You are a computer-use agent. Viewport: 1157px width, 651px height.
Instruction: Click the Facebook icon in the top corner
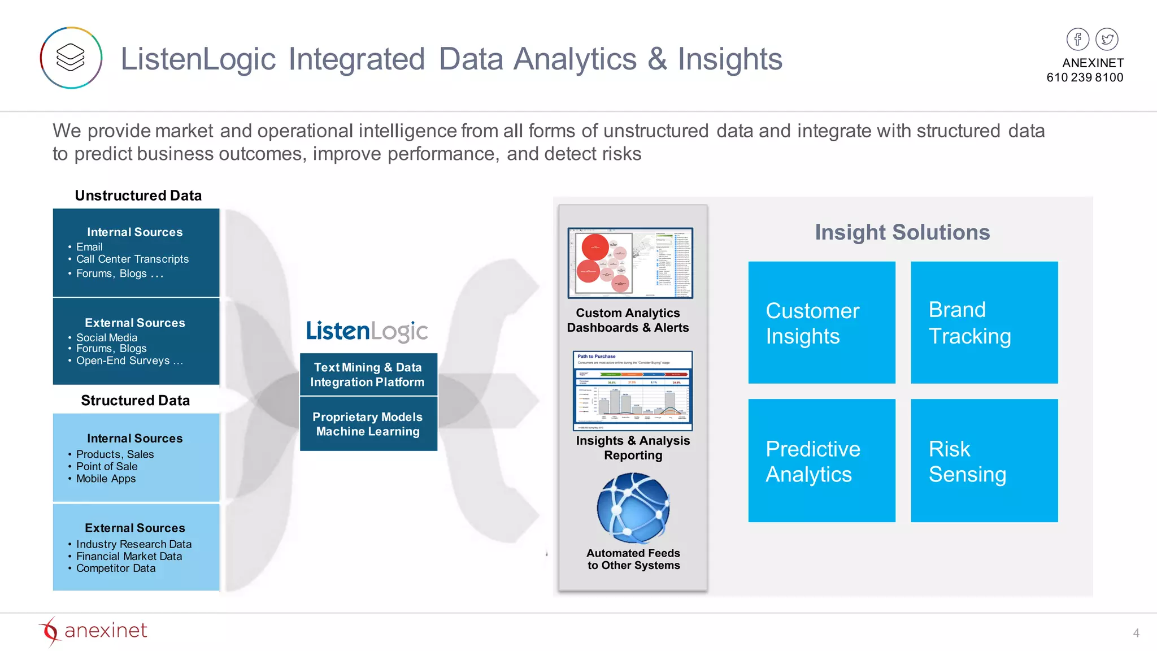(1077, 39)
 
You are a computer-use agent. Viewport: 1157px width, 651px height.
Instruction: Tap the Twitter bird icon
(1107, 39)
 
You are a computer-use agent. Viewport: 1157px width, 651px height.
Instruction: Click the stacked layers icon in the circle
(71, 58)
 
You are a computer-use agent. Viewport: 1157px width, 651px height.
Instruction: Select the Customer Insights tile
(821, 323)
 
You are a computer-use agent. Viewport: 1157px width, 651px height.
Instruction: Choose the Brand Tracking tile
(984, 323)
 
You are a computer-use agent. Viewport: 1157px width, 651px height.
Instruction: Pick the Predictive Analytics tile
(821, 461)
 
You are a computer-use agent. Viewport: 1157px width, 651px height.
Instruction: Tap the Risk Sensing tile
(984, 461)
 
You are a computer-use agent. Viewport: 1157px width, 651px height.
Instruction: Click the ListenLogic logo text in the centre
(367, 331)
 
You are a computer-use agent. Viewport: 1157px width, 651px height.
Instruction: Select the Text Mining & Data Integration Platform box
(368, 374)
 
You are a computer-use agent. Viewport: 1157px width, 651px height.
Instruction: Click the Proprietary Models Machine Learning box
(368, 424)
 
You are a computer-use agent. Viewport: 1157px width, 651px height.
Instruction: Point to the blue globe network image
(633, 508)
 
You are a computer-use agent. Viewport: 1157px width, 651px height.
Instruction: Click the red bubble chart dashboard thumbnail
(630, 263)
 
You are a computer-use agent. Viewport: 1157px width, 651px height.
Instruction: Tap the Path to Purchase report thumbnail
(632, 390)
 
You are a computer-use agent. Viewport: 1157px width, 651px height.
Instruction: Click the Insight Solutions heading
(902, 232)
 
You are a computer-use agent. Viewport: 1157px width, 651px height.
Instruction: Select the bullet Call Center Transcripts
(132, 259)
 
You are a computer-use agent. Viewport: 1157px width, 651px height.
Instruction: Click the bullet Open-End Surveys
(129, 361)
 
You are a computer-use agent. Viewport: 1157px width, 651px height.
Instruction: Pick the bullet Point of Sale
(107, 466)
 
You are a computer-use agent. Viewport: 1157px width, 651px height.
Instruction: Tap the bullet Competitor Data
(116, 568)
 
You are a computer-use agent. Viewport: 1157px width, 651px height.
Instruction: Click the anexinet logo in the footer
(93, 631)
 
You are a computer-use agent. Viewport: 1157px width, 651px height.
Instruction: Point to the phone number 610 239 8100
(1084, 77)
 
